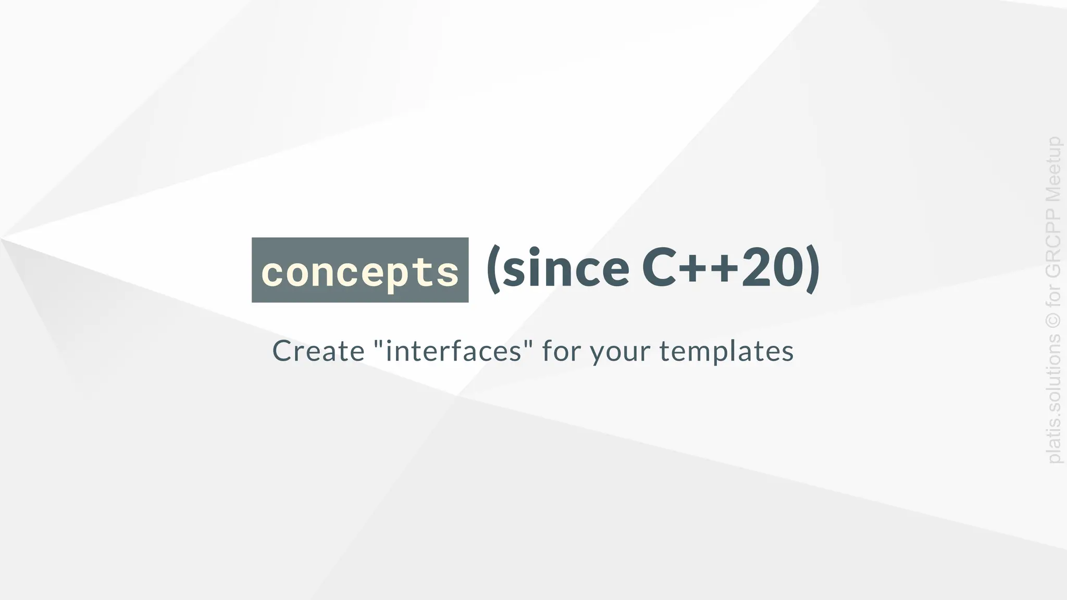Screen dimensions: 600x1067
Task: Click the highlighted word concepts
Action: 360,271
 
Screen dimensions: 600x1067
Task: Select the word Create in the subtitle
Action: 318,351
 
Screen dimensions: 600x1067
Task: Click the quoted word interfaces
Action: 454,351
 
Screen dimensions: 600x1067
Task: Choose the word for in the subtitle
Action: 562,351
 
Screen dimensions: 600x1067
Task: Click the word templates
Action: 727,352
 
